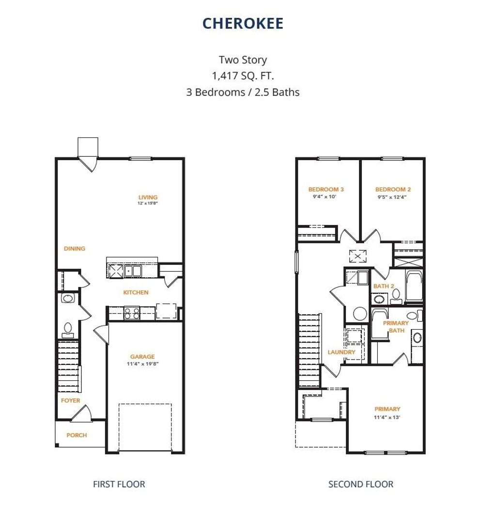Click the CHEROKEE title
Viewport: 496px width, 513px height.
coord(243,23)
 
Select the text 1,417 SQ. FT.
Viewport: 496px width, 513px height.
coord(243,76)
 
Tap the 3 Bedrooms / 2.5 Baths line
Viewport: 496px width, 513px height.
coord(243,92)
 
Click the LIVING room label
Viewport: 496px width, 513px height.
coord(148,197)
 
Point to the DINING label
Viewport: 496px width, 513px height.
coord(75,248)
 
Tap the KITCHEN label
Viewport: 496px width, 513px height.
coord(136,292)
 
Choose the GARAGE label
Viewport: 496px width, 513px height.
coord(142,357)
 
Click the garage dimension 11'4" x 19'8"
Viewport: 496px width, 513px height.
coord(142,363)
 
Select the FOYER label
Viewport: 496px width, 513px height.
coord(71,400)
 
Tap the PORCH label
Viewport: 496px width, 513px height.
coord(77,435)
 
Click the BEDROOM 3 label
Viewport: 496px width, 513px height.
coord(326,189)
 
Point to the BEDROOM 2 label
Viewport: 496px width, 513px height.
coord(393,189)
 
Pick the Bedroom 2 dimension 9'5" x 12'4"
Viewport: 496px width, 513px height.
coord(393,196)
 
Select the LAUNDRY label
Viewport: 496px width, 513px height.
coord(341,352)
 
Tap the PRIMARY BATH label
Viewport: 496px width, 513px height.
coord(396,327)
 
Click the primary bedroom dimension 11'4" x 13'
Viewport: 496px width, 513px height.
coord(387,417)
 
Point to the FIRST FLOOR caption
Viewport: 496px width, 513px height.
coord(119,484)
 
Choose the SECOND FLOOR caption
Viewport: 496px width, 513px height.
coord(361,484)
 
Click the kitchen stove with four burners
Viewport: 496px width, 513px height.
coord(131,313)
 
